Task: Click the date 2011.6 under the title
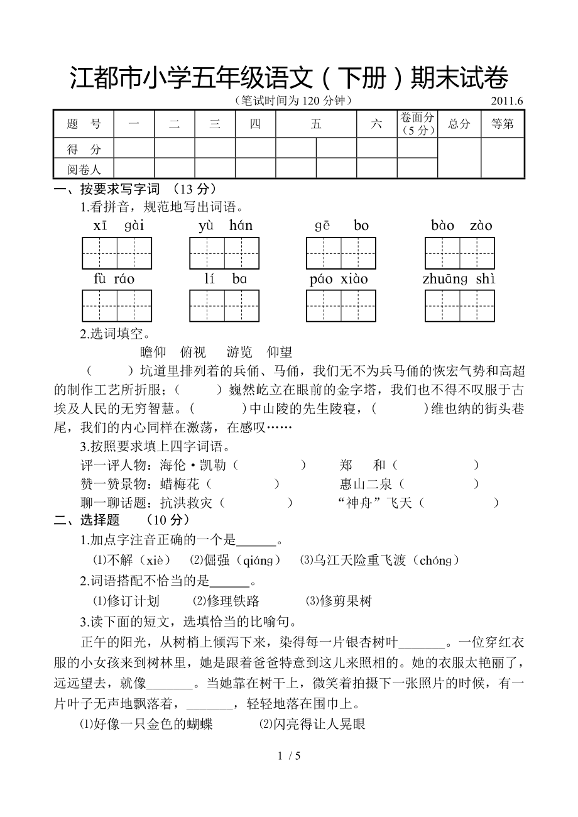point(507,101)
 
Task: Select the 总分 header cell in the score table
point(459,124)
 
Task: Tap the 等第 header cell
point(502,124)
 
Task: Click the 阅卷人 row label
point(84,168)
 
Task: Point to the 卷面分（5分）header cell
point(417,124)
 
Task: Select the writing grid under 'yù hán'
point(224,253)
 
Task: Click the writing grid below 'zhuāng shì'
point(459,306)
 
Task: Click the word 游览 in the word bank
point(239,352)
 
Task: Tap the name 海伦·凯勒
point(195,465)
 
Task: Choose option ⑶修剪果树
point(339,601)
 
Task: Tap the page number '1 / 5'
point(289,756)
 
